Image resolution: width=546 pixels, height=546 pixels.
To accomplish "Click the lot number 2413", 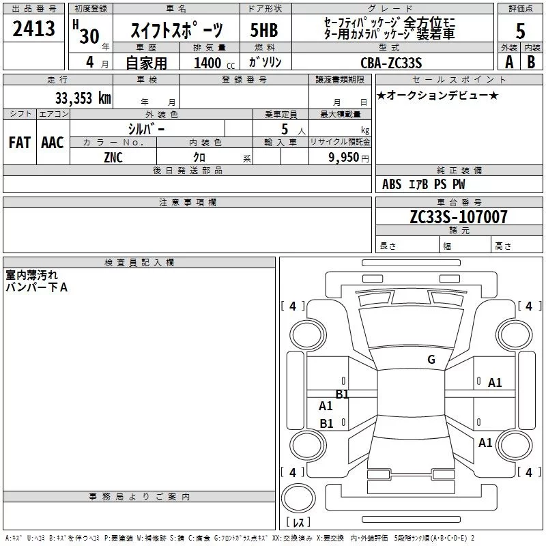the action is coord(33,29).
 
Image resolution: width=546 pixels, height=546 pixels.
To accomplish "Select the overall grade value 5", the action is coord(520,31).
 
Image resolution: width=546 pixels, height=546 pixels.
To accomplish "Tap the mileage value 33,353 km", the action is coord(83,98).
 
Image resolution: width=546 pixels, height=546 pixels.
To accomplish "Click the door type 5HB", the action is coord(264,30).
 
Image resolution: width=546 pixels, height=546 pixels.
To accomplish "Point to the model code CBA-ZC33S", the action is coord(391,63).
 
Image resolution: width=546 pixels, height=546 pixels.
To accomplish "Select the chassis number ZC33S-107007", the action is coord(459,217).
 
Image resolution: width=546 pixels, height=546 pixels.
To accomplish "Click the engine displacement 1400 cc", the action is coord(214,63).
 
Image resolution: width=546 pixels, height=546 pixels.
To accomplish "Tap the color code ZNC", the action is coord(113,158).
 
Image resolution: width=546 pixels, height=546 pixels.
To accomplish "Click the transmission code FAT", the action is coord(20,143).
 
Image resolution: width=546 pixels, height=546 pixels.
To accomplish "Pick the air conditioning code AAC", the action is coord(53,143).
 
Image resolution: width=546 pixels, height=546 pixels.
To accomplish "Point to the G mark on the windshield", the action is coord(431,360).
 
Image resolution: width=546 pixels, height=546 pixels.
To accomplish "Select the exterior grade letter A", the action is coord(509,62).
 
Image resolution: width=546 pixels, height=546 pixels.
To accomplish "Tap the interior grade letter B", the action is coord(531,62).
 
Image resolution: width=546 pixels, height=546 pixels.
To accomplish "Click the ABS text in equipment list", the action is coord(392,184).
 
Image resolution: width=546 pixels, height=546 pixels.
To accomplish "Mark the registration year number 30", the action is coord(89,37).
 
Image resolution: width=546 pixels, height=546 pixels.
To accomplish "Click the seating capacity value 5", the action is coord(285,129).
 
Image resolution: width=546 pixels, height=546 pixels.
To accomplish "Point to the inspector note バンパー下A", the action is coord(37,287).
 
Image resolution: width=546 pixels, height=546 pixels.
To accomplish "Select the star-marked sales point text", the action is coord(437,96).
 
